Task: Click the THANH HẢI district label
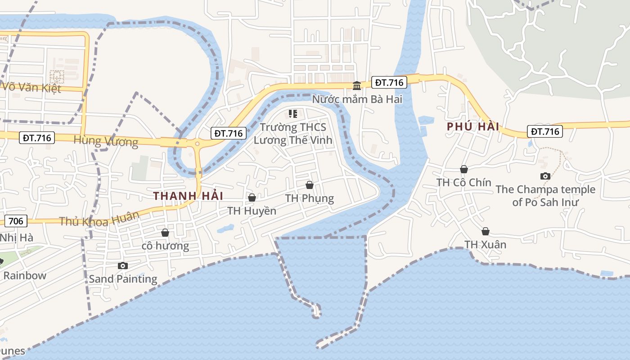click(x=188, y=196)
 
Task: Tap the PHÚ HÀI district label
click(x=473, y=126)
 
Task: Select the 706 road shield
click(x=16, y=220)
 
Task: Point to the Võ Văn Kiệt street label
click(x=31, y=87)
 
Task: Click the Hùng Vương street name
click(x=106, y=141)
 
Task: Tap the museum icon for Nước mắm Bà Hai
click(x=357, y=85)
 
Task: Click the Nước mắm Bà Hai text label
click(x=357, y=99)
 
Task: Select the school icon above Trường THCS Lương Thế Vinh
click(x=293, y=114)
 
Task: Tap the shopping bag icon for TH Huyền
click(x=252, y=198)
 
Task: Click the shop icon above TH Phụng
click(x=310, y=185)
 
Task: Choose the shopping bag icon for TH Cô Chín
click(x=464, y=169)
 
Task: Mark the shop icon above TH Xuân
click(x=486, y=231)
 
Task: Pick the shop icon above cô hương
click(x=165, y=233)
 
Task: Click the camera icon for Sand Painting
click(x=123, y=265)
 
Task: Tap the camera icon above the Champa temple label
click(x=545, y=176)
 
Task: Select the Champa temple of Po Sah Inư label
click(x=545, y=196)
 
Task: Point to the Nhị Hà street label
click(x=17, y=237)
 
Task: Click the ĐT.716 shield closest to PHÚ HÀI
click(x=545, y=131)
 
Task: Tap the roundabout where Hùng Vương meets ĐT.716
click(x=197, y=144)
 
